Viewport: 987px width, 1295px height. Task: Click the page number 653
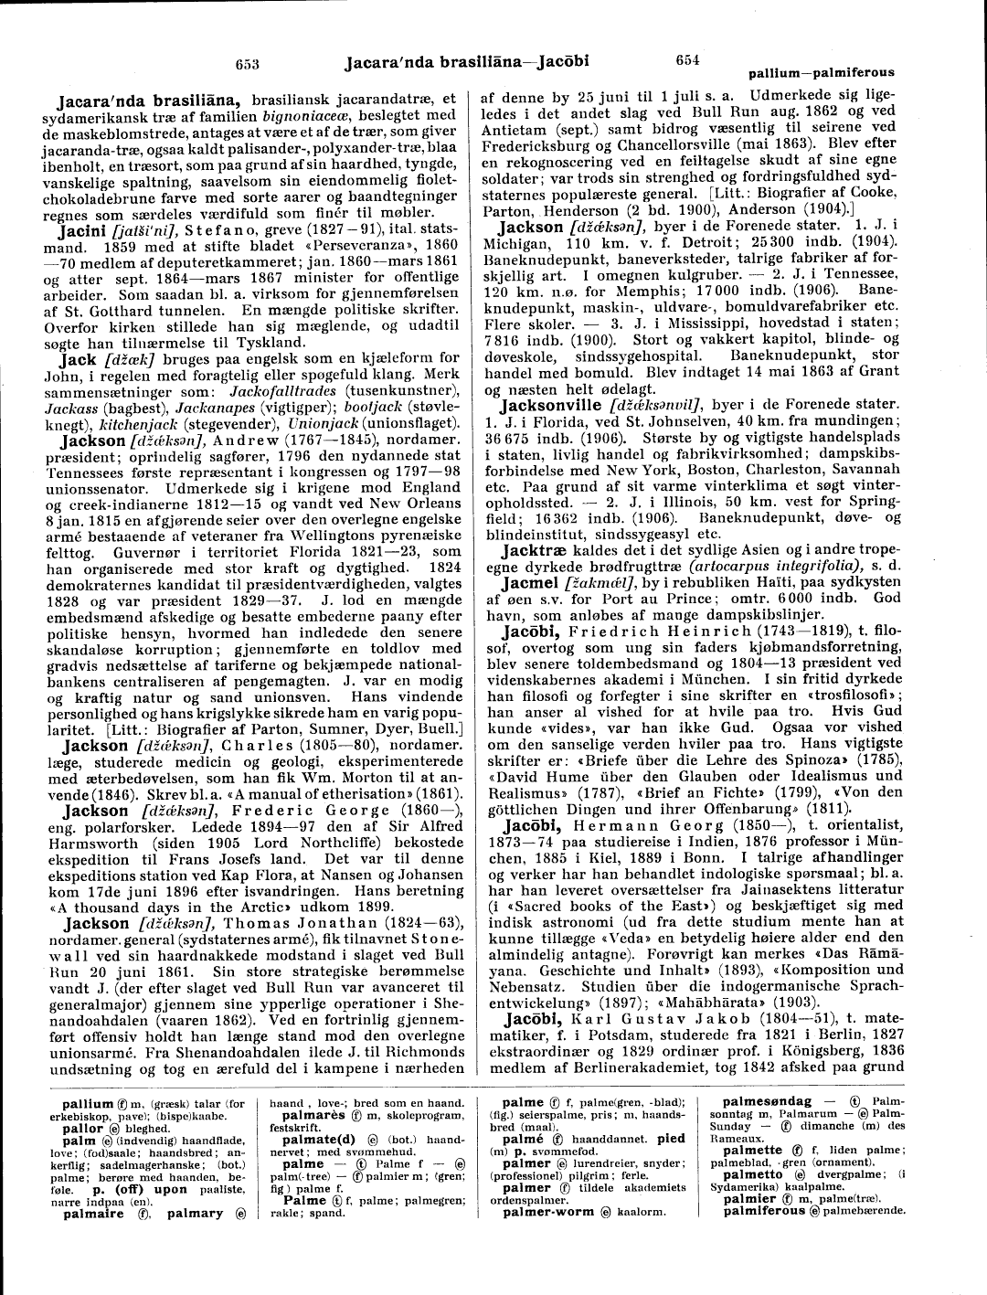248,64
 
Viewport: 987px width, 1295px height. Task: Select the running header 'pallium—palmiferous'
822,72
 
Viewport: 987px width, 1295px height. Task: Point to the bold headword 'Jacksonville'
547,404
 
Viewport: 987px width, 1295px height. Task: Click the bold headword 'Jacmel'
530,585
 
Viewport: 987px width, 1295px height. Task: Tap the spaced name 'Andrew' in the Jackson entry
239,440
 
